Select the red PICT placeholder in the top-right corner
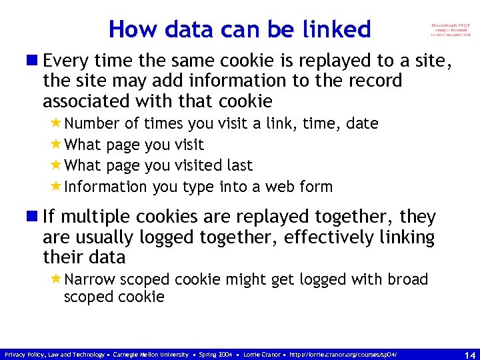click(x=451, y=29)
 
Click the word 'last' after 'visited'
click(x=238, y=165)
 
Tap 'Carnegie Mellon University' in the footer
click(x=151, y=354)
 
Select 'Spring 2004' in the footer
click(x=217, y=354)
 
